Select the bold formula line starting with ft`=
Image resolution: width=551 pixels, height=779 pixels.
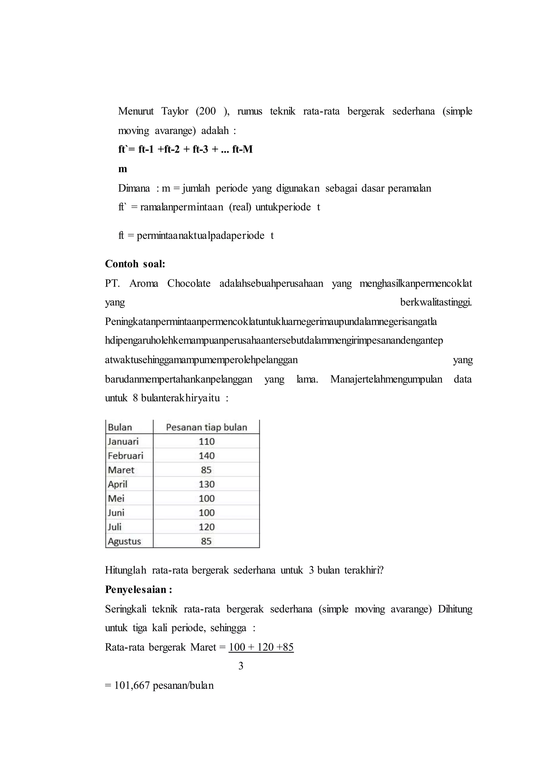[185, 149]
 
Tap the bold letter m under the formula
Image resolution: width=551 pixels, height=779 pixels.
[122, 169]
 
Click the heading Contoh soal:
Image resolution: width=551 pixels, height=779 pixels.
[135, 264]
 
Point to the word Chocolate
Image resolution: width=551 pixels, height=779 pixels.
[189, 283]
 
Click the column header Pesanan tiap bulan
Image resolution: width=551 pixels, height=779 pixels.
[206, 427]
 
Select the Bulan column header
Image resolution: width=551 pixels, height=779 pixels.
[120, 427]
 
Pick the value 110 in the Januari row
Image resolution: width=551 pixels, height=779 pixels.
[206, 441]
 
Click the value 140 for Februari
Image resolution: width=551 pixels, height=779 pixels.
[206, 456]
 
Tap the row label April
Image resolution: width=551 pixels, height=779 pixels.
[117, 484]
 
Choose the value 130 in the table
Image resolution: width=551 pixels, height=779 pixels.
[206, 484]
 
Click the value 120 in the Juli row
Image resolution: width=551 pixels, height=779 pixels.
[206, 527]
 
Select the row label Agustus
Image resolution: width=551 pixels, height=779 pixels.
[124, 541]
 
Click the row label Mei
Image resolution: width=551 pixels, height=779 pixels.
[116, 498]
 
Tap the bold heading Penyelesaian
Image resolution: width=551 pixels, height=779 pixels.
[136, 590]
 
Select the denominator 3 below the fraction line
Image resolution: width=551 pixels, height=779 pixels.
[241, 666]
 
